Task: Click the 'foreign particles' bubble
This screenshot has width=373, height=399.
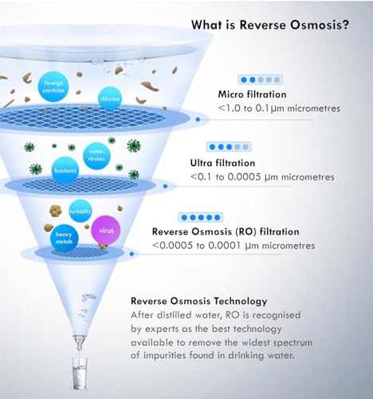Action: (x=53, y=86)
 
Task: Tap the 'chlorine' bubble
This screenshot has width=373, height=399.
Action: (x=110, y=99)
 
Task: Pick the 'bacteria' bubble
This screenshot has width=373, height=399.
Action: (x=65, y=171)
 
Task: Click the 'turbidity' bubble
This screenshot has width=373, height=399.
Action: (x=80, y=211)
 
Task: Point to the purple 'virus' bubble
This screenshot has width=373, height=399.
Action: (x=106, y=231)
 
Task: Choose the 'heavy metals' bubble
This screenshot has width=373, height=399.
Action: (x=65, y=239)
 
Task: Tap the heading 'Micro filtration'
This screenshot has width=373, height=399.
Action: (x=252, y=94)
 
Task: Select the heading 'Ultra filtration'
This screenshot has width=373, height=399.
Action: (x=222, y=163)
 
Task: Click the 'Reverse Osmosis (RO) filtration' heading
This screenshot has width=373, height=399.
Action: (x=226, y=231)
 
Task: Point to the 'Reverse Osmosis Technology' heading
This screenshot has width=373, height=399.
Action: (x=199, y=301)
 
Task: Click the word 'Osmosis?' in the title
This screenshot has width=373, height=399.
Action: (x=320, y=25)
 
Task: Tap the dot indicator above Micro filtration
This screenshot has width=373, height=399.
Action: (x=260, y=80)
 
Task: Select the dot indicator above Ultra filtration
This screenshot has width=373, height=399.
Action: (x=229, y=147)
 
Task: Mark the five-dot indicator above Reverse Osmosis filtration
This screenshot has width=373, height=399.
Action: (x=201, y=217)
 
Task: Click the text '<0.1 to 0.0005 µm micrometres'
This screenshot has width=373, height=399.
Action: (x=262, y=177)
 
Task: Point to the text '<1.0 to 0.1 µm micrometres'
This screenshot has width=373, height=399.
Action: (x=279, y=109)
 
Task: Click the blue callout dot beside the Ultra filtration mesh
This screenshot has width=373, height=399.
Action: (x=165, y=186)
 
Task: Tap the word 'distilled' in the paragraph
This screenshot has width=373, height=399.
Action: (x=174, y=315)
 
